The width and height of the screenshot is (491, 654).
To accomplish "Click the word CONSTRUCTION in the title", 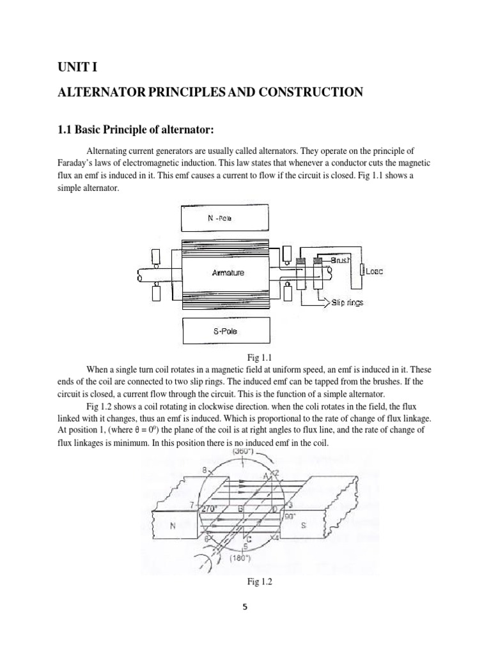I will pos(305,93).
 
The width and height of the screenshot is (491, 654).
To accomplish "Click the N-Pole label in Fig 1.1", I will pos(219,218).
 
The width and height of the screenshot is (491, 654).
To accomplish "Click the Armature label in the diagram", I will pos(228,273).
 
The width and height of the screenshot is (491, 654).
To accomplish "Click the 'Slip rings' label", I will pos(347,302).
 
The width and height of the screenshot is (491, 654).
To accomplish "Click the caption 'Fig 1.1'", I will pos(245,359).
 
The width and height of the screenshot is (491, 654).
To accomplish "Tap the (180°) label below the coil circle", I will pos(242,558).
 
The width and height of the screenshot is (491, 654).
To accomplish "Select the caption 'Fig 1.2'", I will pos(245,582).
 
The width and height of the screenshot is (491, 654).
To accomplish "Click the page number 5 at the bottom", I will pos(245,607).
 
